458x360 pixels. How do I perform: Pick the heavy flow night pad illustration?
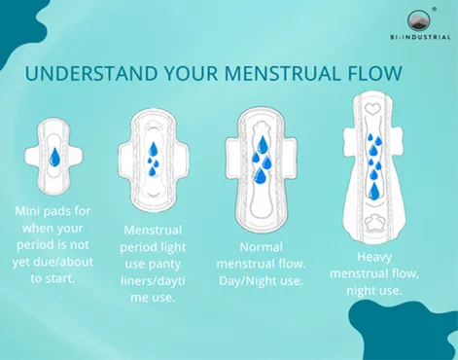(x=374, y=175)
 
